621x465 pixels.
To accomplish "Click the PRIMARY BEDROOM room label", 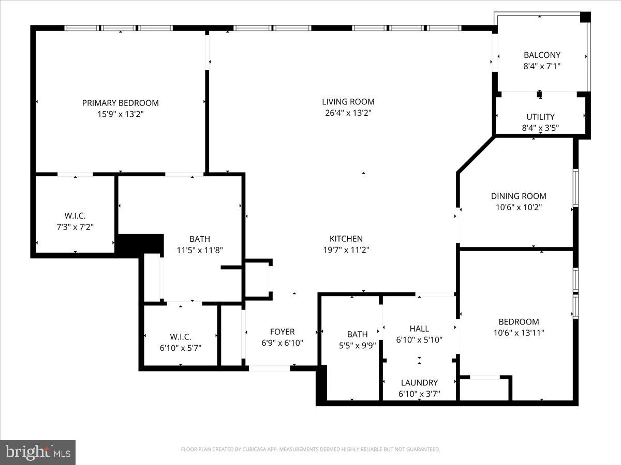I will (x=120, y=103).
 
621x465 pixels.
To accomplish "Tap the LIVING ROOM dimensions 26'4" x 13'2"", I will (x=346, y=113).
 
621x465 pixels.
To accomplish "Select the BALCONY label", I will (x=542, y=55).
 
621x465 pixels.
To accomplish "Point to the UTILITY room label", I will (x=540, y=117).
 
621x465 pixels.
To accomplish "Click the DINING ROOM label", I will (x=518, y=196).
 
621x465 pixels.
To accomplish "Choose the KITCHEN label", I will (x=346, y=239).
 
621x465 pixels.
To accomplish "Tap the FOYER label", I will (x=282, y=332).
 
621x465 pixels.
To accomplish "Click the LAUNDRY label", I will (x=419, y=383).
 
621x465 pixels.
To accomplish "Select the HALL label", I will (x=419, y=329).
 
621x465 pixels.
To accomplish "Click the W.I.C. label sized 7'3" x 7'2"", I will (x=75, y=215).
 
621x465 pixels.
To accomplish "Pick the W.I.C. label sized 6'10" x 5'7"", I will (x=180, y=337).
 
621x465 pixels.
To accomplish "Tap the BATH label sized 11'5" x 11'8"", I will (x=199, y=239).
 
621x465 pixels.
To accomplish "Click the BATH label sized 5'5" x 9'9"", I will (x=357, y=334).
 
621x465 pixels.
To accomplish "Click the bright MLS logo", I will (x=38, y=452).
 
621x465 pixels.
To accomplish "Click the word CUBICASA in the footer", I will (x=253, y=450).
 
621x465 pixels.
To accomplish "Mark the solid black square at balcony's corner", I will (x=585, y=17).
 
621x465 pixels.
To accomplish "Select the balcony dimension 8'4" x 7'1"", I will (x=542, y=66).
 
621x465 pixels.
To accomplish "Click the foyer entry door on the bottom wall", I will (x=269, y=368).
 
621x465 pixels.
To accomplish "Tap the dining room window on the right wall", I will (x=575, y=188).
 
